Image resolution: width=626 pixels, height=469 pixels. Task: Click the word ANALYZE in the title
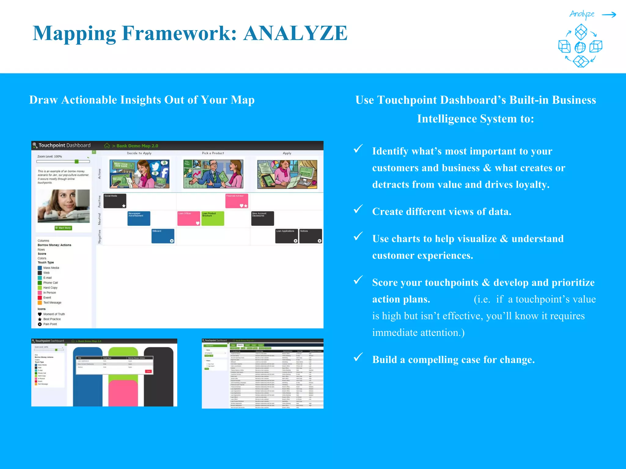pyautogui.click(x=295, y=33)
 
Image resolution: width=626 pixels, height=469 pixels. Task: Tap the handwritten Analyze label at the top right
pyautogui.click(x=582, y=14)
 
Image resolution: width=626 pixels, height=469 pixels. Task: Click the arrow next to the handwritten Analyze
pyautogui.click(x=609, y=15)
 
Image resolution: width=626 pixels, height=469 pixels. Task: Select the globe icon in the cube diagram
pyautogui.click(x=580, y=47)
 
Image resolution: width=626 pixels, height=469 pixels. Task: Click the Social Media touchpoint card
pyautogui.click(x=115, y=201)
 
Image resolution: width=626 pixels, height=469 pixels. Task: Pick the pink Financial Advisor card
pyautogui.click(x=237, y=201)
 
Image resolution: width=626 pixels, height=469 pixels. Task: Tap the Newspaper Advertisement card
pyautogui.click(x=139, y=218)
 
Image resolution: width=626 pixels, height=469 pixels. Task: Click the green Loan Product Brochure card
pyautogui.click(x=213, y=218)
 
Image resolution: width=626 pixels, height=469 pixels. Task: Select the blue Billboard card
pyautogui.click(x=163, y=236)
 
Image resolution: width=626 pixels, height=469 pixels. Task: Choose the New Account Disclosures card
pyautogui.click(x=263, y=218)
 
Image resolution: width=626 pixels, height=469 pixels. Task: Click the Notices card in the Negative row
pyautogui.click(x=311, y=236)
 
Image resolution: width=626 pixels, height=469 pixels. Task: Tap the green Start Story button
pyautogui.click(x=63, y=228)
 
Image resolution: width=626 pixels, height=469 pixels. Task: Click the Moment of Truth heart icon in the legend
pyautogui.click(x=40, y=314)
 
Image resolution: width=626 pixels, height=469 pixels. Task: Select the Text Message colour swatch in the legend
pyautogui.click(x=40, y=303)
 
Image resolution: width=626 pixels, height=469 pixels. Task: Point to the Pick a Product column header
pyautogui.click(x=213, y=153)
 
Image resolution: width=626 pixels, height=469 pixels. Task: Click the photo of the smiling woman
pyautogui.click(x=64, y=206)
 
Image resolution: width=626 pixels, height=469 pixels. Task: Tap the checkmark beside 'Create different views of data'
pyautogui.click(x=358, y=209)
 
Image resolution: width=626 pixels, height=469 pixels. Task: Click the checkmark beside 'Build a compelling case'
pyautogui.click(x=358, y=357)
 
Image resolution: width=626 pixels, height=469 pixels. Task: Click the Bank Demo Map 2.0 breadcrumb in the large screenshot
pyautogui.click(x=137, y=146)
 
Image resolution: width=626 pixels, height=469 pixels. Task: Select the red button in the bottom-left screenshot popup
pyautogui.click(x=148, y=371)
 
